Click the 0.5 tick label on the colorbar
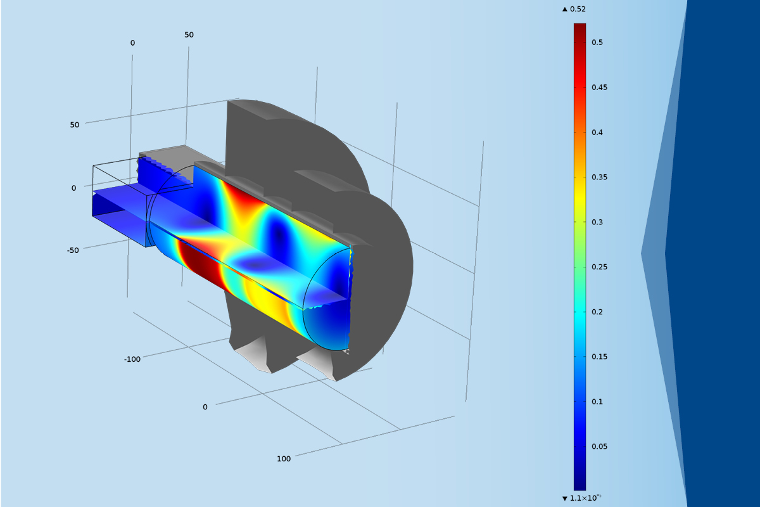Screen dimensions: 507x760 click(x=597, y=42)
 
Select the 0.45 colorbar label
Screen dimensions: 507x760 click(x=599, y=87)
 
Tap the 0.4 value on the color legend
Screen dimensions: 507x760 click(x=597, y=132)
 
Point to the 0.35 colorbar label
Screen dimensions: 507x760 click(x=599, y=177)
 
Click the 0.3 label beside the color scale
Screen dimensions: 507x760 click(x=597, y=222)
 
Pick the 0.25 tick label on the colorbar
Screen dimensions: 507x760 click(x=599, y=267)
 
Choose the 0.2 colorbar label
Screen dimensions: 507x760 click(x=597, y=312)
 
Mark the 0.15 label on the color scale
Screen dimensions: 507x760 click(x=599, y=357)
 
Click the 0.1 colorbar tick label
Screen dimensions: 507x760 click(x=597, y=402)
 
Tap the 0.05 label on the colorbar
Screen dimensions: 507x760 click(x=599, y=447)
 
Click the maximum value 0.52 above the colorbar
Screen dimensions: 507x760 click(x=577, y=10)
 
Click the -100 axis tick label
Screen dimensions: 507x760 click(x=132, y=359)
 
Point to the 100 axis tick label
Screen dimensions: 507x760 click(x=284, y=459)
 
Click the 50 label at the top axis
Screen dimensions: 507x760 click(x=189, y=35)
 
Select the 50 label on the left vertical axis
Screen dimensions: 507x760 click(x=75, y=125)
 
